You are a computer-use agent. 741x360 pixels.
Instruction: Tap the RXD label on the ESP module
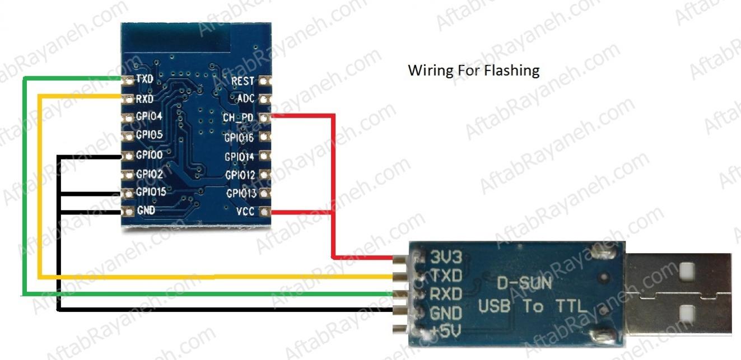tap(145, 99)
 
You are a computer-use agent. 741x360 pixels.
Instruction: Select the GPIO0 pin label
tap(149, 155)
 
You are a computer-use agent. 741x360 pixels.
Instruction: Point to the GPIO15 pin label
tap(151, 192)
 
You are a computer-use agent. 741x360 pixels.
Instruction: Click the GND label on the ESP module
tap(146, 211)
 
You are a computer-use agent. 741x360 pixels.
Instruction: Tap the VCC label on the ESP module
tap(245, 212)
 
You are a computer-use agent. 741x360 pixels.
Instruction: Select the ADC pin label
tap(245, 99)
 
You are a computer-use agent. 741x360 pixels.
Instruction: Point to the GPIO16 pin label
tap(239, 137)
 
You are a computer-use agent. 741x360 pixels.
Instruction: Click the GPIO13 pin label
tap(241, 194)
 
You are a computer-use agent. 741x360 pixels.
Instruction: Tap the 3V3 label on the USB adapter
tap(446, 258)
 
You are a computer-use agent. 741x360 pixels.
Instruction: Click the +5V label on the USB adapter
tap(446, 332)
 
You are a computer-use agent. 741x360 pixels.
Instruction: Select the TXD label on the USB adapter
tap(446, 275)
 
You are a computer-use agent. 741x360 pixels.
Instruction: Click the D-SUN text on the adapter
tap(524, 283)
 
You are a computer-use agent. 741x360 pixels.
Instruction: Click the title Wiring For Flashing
tap(473, 71)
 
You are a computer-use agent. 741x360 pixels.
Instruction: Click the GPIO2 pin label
tap(149, 174)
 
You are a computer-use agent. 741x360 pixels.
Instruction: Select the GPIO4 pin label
tap(149, 117)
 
